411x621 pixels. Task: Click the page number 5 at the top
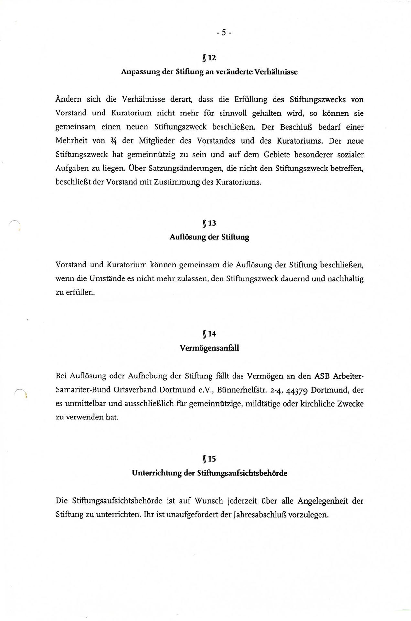pyautogui.click(x=223, y=32)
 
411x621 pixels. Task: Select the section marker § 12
pyautogui.click(x=209, y=58)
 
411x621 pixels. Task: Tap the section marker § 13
pyautogui.click(x=209, y=223)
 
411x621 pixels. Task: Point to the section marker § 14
pyautogui.click(x=209, y=334)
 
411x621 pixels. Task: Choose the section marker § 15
pyautogui.click(x=209, y=459)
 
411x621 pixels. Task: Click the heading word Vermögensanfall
pyautogui.click(x=209, y=348)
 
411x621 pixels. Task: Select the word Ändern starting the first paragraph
pyautogui.click(x=68, y=99)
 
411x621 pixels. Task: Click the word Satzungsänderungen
pyautogui.click(x=169, y=168)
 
